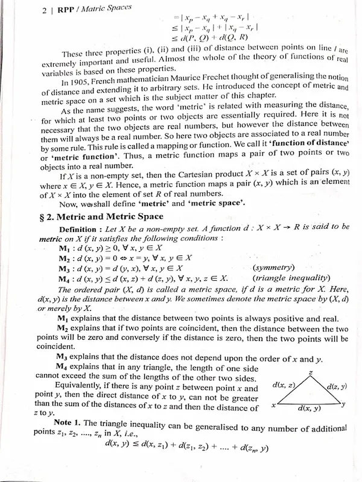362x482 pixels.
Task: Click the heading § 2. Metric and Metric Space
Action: (x=106, y=216)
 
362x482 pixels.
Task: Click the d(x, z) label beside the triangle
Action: (x=284, y=384)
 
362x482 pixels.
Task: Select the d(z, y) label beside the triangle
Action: (x=339, y=386)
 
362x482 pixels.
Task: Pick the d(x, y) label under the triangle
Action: (x=310, y=409)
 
